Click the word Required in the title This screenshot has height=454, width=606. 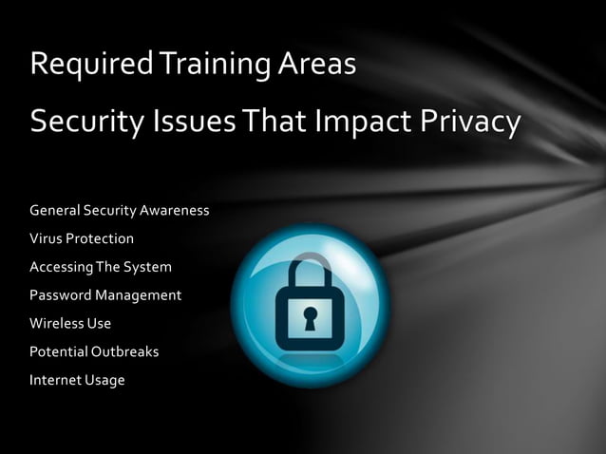[89, 65]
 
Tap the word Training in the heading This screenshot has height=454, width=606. [200, 65]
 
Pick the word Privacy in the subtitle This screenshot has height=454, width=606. [470, 122]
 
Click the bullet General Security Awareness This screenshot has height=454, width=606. [120, 210]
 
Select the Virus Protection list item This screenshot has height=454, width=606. [82, 238]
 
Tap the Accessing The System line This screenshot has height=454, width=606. [101, 267]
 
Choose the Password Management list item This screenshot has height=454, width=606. [105, 295]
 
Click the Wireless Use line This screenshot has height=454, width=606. [70, 323]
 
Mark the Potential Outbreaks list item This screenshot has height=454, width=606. [94, 351]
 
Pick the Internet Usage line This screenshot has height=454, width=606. [77, 380]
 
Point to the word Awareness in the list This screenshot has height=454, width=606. [175, 210]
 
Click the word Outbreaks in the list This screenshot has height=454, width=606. [124, 351]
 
